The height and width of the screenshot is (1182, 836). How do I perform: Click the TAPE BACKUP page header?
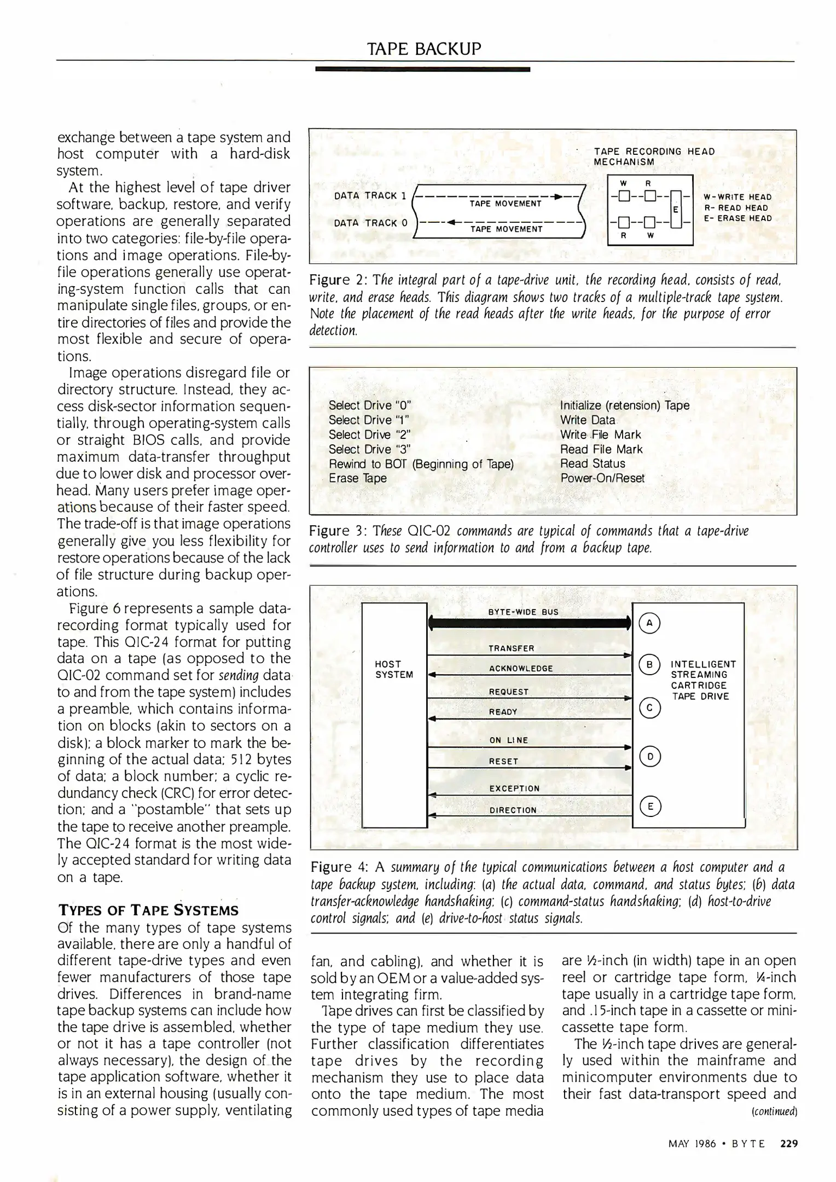point(424,49)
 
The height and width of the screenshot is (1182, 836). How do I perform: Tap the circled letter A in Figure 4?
point(649,623)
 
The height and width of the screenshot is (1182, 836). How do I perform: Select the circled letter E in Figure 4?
point(649,806)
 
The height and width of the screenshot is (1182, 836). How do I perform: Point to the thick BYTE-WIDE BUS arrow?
point(529,623)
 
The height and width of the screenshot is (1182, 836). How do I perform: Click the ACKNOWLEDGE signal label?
point(521,668)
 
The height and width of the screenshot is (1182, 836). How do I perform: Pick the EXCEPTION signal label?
point(514,789)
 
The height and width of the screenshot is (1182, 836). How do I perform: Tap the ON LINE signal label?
point(508,740)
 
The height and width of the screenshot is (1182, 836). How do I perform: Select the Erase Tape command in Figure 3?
point(357,478)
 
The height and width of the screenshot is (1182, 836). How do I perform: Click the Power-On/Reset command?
point(602,478)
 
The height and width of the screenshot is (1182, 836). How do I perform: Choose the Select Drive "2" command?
point(369,434)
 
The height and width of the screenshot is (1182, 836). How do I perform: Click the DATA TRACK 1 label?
point(370,196)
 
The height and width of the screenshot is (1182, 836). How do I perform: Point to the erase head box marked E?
point(675,210)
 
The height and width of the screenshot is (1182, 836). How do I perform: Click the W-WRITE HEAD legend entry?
point(737,197)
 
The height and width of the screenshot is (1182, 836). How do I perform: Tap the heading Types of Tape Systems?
point(148,911)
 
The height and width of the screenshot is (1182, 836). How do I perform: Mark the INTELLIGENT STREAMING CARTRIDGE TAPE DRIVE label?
point(703,680)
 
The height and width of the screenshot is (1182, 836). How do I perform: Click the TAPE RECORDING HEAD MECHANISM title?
point(654,157)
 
